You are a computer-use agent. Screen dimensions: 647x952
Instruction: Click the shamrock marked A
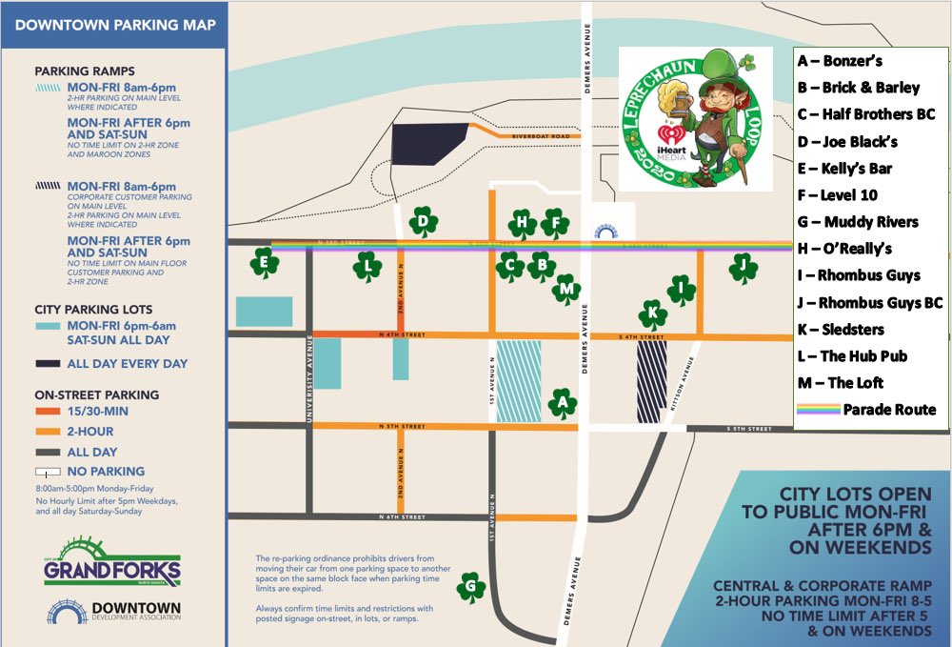[563, 404]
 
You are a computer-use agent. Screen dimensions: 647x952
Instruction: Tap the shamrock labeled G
[470, 587]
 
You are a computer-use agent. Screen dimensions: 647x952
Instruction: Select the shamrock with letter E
[264, 263]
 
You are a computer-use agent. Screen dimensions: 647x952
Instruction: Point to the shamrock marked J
[743, 268]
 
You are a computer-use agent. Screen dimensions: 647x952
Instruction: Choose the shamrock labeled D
[423, 224]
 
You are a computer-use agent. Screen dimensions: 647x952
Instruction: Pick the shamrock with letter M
[567, 289]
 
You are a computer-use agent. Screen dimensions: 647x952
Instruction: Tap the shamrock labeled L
[367, 268]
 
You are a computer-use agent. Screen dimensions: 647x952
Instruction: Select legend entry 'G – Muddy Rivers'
[858, 222]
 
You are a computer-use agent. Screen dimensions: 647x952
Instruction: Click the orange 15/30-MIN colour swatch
[48, 412]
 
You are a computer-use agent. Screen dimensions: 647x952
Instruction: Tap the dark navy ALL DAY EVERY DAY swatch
[48, 363]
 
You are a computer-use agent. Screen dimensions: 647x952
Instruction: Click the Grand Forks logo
[111, 563]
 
